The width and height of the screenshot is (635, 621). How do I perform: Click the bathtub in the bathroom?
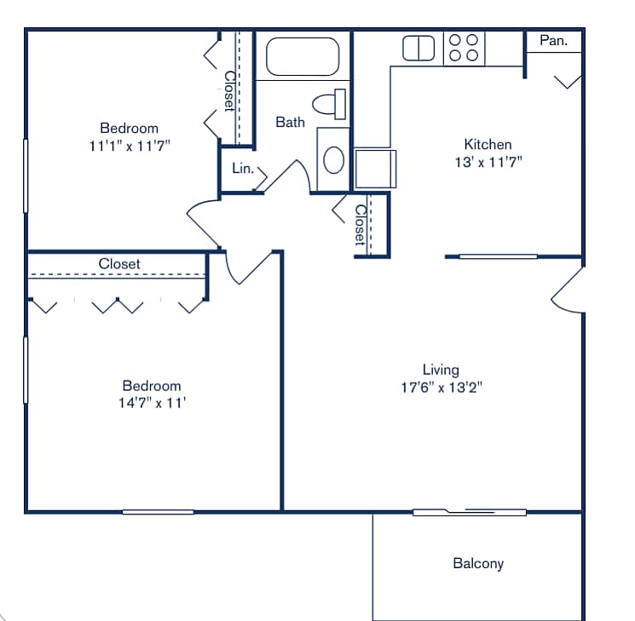[x=303, y=57]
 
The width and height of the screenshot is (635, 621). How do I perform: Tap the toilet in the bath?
[x=328, y=104]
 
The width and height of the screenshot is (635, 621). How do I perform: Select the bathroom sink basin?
[x=333, y=159]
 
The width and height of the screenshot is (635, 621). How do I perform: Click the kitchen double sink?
[x=419, y=48]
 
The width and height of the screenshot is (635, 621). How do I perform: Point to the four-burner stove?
[x=464, y=48]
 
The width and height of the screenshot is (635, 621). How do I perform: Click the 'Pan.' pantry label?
[x=553, y=40]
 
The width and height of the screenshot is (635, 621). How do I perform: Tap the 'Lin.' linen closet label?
[x=242, y=169]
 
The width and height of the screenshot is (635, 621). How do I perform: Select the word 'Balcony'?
[x=478, y=563]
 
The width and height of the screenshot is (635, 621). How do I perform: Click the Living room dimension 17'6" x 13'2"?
[x=441, y=388]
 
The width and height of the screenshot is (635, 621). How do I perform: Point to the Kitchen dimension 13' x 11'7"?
[x=488, y=162]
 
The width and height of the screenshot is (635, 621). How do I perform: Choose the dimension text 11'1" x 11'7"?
[x=130, y=146]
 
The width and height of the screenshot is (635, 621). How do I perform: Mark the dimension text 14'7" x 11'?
[x=152, y=403]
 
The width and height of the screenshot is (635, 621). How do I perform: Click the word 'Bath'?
[x=290, y=123]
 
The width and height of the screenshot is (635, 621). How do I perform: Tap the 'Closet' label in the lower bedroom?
[x=119, y=264]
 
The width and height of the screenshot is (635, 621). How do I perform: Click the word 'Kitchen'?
[x=488, y=144]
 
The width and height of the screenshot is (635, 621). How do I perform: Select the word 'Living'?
[x=441, y=370]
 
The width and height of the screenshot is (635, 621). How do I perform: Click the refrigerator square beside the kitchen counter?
[x=375, y=168]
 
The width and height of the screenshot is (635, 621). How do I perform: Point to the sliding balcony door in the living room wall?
[x=470, y=512]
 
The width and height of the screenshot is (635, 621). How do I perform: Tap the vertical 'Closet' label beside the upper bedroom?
[x=229, y=90]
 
